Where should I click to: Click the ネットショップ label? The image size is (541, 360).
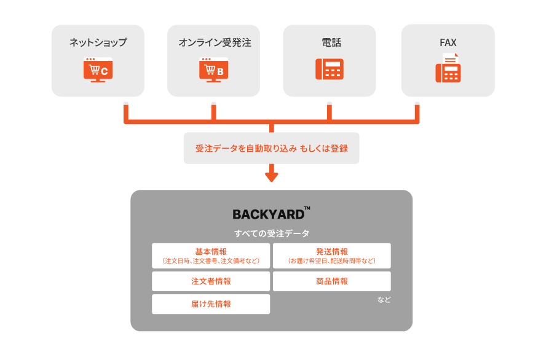98,43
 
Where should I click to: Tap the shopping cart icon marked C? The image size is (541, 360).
98,69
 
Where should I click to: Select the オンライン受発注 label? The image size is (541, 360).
215,43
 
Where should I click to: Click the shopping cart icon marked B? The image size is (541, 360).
213,69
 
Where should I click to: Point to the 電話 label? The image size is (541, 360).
330,43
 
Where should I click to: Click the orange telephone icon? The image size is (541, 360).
330,69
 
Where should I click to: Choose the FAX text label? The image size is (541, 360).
448,43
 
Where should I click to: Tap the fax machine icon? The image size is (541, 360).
448,69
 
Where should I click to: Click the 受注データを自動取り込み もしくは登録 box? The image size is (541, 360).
271,149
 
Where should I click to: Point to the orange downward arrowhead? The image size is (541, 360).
271,177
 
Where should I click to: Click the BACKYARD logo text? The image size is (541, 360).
268,214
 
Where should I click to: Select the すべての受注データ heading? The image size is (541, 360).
271,233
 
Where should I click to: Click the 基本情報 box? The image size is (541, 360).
211,256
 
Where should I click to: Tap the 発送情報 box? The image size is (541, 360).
332,256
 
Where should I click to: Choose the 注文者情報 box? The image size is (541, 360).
211,281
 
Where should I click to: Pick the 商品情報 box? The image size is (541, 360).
332,281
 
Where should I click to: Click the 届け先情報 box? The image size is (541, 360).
211,304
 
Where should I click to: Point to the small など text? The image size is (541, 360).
384,300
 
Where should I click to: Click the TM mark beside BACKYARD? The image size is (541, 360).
307,209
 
